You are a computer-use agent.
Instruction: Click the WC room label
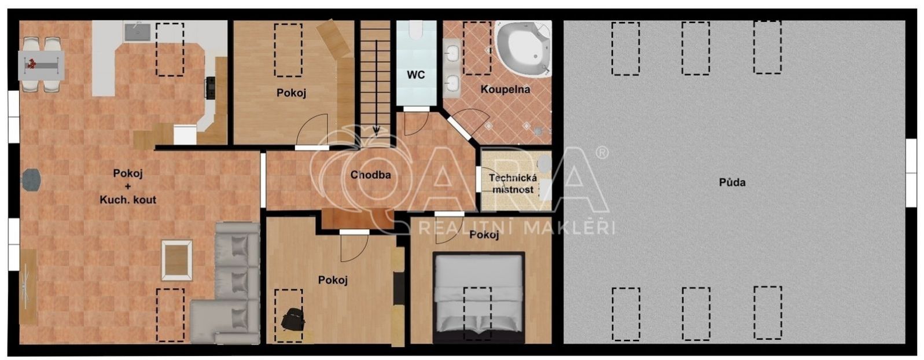point(415,75)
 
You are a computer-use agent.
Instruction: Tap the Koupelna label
point(505,89)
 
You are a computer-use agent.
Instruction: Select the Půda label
point(732,182)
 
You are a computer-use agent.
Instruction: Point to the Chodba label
point(370,175)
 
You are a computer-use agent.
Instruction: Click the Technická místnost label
point(513,183)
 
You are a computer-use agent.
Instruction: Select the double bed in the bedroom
point(478,297)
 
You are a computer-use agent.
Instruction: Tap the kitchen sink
point(138,32)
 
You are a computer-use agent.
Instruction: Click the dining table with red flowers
point(41,65)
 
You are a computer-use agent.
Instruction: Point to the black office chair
point(292,319)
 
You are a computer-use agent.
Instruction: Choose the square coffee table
point(176,260)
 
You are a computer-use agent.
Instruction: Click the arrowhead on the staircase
point(376,131)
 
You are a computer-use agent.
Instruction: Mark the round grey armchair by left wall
point(31,181)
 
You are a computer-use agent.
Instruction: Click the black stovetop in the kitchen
point(211,87)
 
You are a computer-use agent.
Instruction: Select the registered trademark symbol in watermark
point(602,153)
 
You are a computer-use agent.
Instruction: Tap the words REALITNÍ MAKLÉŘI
point(517,228)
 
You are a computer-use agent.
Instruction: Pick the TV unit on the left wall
point(28,286)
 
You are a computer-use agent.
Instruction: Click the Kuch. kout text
point(128,200)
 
